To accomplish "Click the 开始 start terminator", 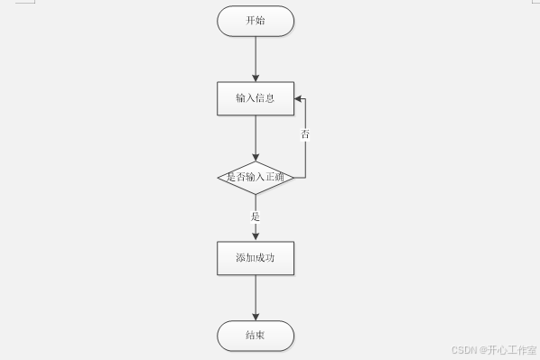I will (x=256, y=21).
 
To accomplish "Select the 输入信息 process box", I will (x=256, y=98).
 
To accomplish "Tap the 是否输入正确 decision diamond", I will (x=256, y=177).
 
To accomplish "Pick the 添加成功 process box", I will (x=256, y=258).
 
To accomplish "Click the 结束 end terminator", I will (x=256, y=337).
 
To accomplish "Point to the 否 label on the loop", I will (x=305, y=134).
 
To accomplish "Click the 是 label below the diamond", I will (x=256, y=217).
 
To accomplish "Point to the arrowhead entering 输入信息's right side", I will (x=299, y=98).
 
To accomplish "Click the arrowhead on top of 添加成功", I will (x=256, y=236).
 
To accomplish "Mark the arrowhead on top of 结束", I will (x=256, y=317).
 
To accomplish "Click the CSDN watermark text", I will (x=463, y=349).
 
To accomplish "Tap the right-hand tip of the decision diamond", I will (x=293, y=177).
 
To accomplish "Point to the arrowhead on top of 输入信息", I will (x=256, y=78).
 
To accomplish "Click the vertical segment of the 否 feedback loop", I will (x=305, y=153).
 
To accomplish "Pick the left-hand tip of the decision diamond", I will (x=219, y=177).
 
